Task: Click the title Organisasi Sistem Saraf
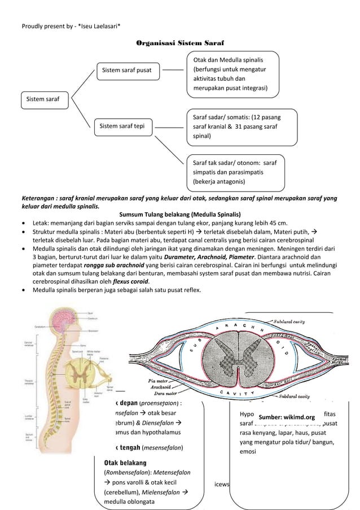pyautogui.click(x=180, y=43)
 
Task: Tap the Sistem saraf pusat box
pyautogui.click(x=129, y=70)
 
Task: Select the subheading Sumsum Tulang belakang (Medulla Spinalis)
pyautogui.click(x=180, y=215)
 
